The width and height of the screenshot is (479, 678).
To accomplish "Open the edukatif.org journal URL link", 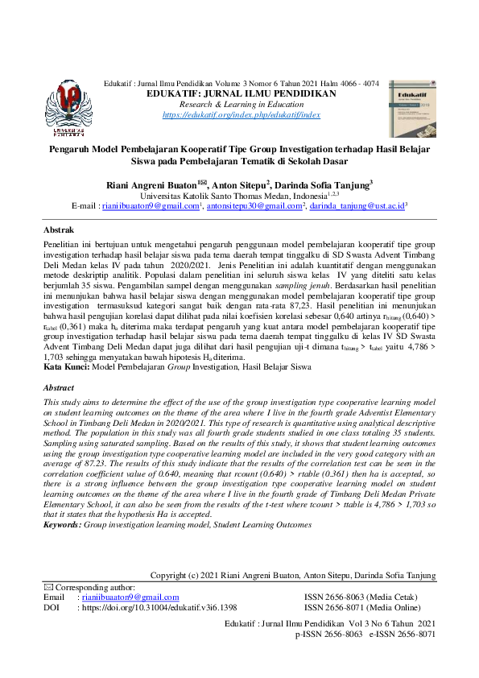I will click(242, 116).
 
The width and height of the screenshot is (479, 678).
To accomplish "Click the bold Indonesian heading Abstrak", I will click(58, 229).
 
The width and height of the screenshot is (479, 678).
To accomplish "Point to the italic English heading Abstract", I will click(58, 387).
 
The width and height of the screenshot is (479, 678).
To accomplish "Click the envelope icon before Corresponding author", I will click(47, 588).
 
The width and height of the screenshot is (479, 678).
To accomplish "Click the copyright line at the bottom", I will click(293, 576).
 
